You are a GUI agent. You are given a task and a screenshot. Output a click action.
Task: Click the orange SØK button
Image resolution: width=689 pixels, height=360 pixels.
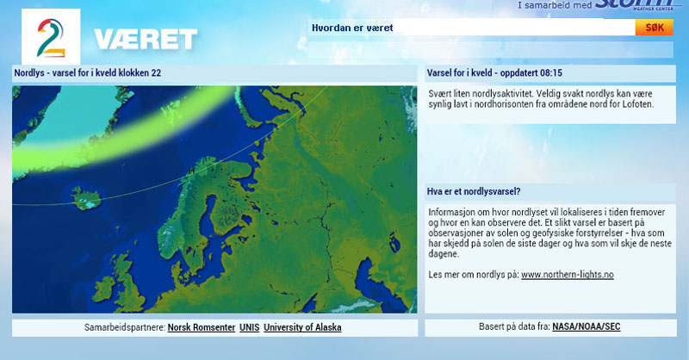[x=654, y=28]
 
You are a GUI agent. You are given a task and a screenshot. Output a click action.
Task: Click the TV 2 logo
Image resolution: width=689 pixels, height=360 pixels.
[x=51, y=37]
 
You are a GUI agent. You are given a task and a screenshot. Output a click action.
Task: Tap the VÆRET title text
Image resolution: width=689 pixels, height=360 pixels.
[x=146, y=39]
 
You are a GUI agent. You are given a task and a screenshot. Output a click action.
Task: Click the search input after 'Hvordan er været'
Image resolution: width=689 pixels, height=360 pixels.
[x=514, y=28]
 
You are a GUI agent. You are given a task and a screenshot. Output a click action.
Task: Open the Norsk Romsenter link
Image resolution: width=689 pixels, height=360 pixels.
[x=202, y=327]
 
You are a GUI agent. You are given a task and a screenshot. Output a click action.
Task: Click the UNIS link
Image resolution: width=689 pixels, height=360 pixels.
[x=249, y=327]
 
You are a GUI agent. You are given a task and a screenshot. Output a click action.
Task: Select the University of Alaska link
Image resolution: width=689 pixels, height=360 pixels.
[x=302, y=327]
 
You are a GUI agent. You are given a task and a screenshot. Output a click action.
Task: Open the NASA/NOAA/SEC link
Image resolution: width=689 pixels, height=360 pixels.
[x=587, y=326]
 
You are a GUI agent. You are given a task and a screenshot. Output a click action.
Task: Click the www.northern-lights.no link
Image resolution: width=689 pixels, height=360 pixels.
[x=568, y=275]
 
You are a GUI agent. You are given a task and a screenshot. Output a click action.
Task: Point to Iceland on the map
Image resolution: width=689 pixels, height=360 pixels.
[x=86, y=198]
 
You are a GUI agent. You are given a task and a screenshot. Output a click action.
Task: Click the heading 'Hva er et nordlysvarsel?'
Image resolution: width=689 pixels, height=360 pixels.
[x=474, y=192]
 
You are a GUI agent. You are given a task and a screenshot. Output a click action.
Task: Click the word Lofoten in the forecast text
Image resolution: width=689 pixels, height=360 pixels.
[x=637, y=104]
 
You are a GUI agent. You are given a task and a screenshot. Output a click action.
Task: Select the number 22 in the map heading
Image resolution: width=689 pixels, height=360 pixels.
[x=156, y=73]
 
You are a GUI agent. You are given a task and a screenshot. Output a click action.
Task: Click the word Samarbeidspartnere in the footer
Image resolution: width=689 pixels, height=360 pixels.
[x=125, y=327]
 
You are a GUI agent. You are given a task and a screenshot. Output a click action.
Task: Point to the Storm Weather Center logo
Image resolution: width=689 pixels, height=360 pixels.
[x=635, y=4]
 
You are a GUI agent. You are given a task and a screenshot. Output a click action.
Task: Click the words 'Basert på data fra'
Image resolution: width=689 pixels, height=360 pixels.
[x=514, y=326]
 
